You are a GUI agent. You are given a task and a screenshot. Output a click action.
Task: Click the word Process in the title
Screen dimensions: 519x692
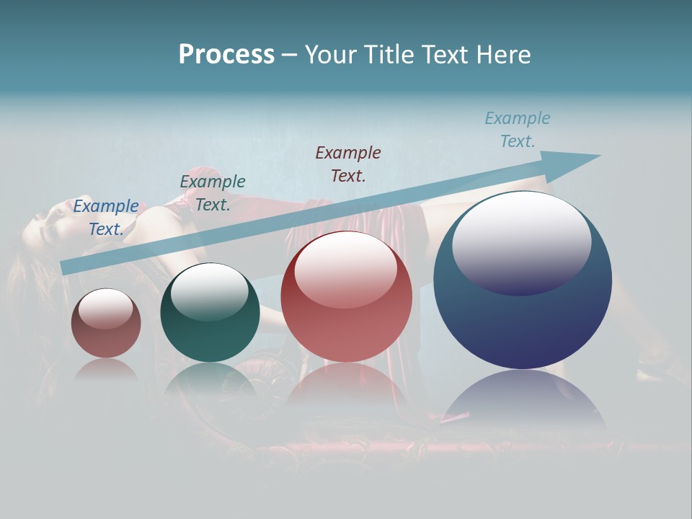point(226,55)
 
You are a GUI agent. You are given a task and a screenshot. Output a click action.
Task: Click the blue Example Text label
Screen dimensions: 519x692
point(105,218)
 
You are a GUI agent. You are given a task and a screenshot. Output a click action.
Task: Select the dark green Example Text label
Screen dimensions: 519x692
point(212,193)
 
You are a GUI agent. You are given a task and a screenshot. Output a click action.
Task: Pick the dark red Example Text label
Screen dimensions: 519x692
point(347,164)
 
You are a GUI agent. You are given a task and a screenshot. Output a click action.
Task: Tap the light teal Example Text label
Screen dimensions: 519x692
point(517,130)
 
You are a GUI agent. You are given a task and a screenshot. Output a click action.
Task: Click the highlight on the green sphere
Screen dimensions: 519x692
point(209,292)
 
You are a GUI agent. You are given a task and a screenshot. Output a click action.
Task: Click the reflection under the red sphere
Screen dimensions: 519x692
point(346,382)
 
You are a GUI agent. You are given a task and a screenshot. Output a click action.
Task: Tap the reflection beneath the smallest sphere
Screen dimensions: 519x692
point(106,369)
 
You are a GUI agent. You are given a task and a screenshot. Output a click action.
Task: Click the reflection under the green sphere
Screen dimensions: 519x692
point(210,378)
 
